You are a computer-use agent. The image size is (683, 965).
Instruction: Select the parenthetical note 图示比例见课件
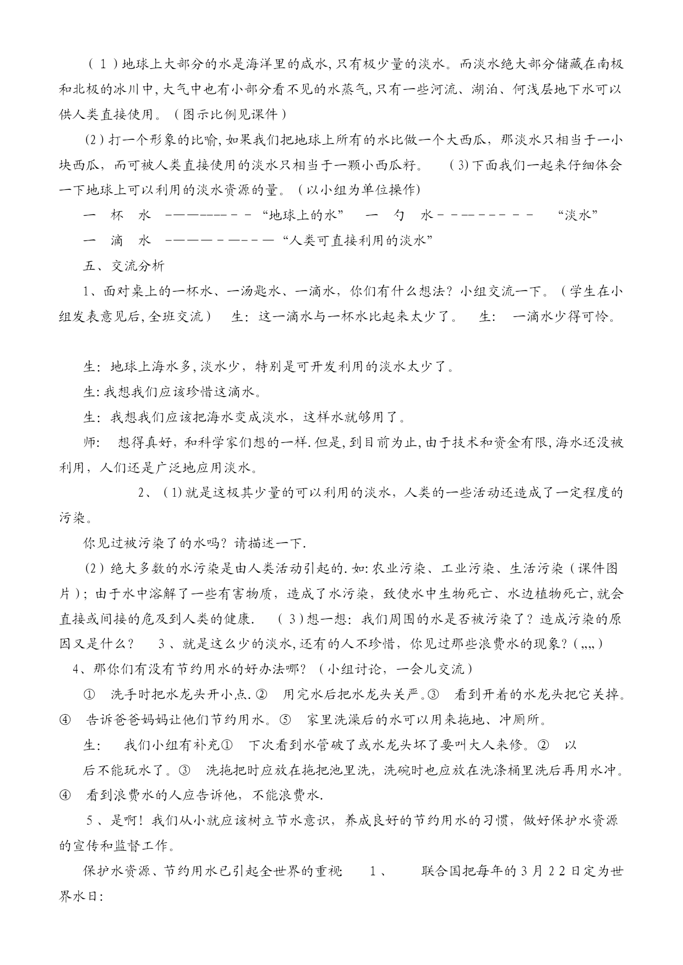pos(234,114)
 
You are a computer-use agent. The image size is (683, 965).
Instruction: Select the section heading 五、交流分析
pos(123,266)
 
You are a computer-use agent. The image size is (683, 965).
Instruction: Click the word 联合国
pos(439,871)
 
